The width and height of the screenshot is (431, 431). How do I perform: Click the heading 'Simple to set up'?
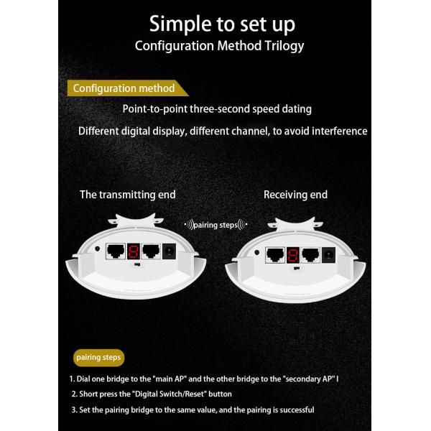pos(222,24)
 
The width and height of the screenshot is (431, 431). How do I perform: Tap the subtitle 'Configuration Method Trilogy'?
pos(219,46)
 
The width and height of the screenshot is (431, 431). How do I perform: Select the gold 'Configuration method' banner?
pos(128,88)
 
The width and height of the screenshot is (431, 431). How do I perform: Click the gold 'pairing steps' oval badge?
pos(98,358)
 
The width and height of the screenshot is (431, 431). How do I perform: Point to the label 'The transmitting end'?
pos(128,195)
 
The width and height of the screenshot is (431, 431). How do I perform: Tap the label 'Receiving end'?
pos(295,195)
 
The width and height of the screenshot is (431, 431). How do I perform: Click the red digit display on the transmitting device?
pos(134,251)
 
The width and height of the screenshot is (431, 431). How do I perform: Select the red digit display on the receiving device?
pos(293,255)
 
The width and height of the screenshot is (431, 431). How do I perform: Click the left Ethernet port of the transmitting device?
pos(116,251)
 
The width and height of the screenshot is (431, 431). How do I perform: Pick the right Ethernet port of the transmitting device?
pos(151,251)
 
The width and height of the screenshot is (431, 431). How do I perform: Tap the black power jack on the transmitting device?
pos(169,251)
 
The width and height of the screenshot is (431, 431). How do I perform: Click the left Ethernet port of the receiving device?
pos(275,255)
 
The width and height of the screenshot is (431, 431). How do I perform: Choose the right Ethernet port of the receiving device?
pos(310,255)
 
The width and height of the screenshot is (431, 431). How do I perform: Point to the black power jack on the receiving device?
pos(328,255)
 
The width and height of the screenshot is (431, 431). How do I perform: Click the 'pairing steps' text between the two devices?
pos(215,225)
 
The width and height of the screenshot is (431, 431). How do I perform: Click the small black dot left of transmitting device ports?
pos(97,249)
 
